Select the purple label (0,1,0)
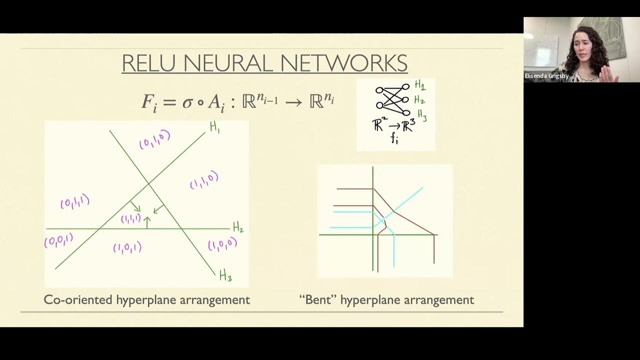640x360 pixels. click(154, 139)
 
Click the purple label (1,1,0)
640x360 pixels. click(204, 180)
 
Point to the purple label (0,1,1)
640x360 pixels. click(75, 202)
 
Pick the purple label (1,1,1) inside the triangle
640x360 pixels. click(130, 218)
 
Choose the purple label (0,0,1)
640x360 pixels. click(58, 241)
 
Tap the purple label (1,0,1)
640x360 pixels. click(127, 247)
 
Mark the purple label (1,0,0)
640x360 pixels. click(222, 244)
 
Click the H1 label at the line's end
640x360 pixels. click(215, 127)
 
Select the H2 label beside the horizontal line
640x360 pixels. click(238, 228)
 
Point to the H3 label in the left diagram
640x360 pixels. click(225, 275)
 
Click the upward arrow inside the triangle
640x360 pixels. click(147, 222)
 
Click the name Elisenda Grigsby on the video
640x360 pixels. click(546, 76)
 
